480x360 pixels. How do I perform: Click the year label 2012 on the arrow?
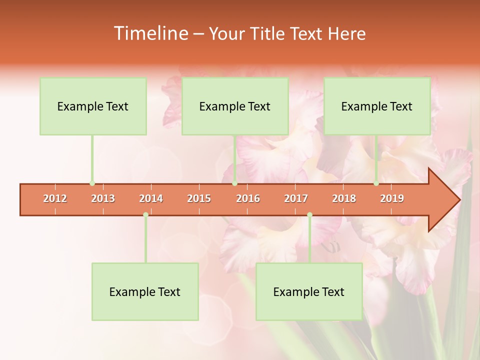tap(55, 198)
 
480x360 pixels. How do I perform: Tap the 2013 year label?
tap(103, 198)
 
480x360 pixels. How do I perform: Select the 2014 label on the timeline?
tap(151, 198)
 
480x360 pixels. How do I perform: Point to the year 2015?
tap(199, 198)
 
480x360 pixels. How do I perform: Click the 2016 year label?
tap(248, 198)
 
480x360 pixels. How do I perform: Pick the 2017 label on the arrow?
tap(296, 198)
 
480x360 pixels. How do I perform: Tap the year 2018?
tap(344, 198)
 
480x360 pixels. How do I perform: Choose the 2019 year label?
tap(392, 198)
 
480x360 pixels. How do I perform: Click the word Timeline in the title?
tap(150, 33)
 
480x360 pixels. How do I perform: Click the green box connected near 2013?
tap(93, 106)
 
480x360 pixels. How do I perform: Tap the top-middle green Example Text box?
tap(235, 106)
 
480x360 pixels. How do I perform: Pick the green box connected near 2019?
tap(377, 106)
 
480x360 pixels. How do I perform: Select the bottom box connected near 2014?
tap(145, 291)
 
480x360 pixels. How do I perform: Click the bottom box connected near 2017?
tap(309, 291)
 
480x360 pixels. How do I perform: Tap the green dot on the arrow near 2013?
tap(92, 183)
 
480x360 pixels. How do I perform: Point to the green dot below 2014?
tap(145, 214)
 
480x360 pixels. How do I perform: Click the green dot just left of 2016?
tap(234, 183)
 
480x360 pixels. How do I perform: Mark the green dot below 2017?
tap(309, 214)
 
